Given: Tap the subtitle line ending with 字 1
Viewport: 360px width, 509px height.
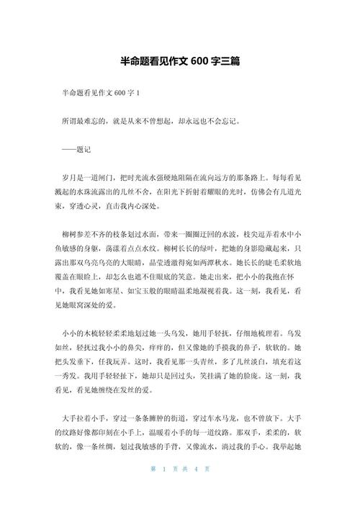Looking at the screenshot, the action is click(x=101, y=94).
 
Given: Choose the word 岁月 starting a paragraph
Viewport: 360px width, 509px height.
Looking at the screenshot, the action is click(x=71, y=176).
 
